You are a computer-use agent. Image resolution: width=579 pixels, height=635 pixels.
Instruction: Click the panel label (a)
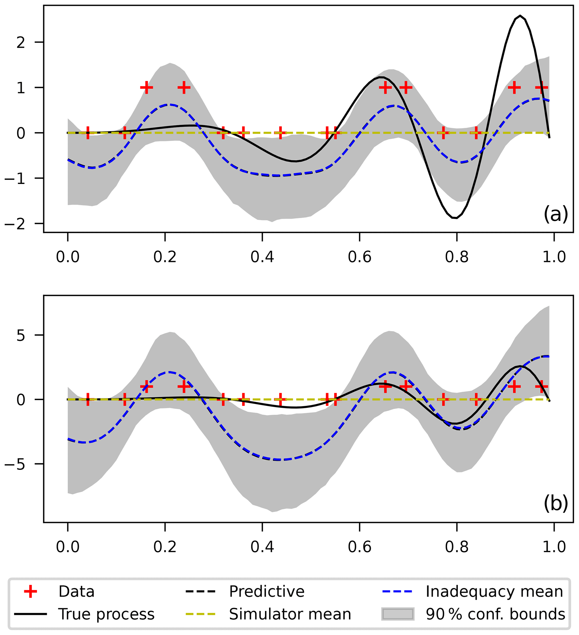tap(555, 214)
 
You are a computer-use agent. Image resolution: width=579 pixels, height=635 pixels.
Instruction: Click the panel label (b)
tap(555, 504)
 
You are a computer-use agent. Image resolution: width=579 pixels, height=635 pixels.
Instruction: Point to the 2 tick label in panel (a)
tap(21, 42)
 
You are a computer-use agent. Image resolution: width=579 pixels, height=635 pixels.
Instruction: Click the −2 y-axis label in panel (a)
tap(15, 224)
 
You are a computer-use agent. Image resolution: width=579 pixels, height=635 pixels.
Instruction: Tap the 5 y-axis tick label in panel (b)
tap(21, 336)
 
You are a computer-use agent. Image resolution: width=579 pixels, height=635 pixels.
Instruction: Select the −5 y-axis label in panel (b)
tap(15, 465)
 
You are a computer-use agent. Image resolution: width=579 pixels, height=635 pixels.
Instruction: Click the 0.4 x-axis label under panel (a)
tap(262, 257)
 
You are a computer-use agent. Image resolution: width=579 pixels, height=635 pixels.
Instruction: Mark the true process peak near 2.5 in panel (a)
tap(520, 15)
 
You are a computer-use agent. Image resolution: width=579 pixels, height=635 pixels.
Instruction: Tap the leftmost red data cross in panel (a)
tap(87, 133)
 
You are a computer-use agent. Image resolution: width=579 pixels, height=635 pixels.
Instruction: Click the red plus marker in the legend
tap(31, 592)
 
